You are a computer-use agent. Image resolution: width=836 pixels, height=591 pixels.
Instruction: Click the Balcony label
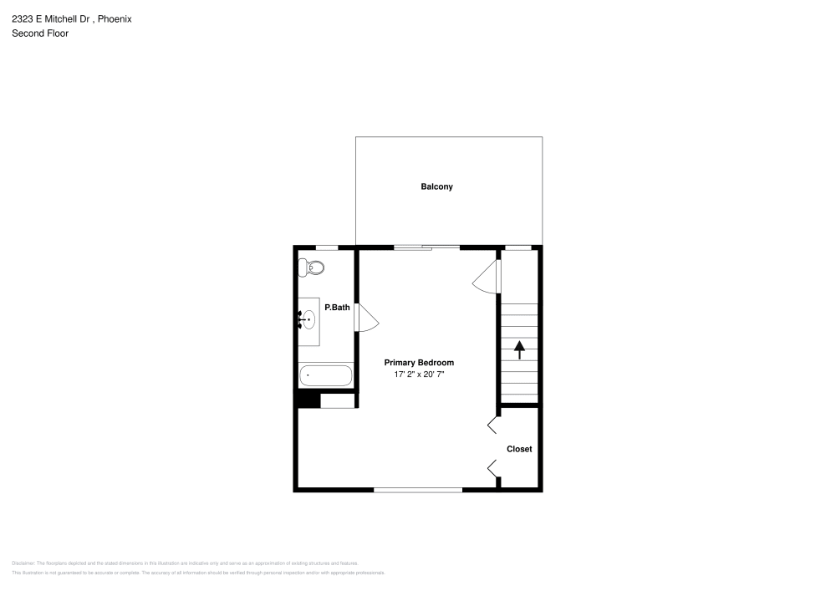[436, 186]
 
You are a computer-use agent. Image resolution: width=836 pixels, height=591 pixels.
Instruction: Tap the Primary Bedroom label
[419, 363]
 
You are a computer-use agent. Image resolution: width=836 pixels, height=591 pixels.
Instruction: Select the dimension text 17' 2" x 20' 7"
[419, 375]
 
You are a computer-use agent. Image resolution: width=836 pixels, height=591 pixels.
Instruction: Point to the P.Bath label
[337, 308]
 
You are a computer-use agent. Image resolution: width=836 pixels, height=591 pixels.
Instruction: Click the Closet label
[519, 449]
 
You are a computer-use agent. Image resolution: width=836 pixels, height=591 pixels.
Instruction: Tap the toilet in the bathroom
[312, 268]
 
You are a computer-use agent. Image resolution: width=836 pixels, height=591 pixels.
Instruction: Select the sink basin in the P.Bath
[308, 319]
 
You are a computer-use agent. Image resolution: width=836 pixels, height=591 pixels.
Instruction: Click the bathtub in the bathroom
[326, 376]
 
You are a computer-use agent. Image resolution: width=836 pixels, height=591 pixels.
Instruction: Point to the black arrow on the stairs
[519, 349]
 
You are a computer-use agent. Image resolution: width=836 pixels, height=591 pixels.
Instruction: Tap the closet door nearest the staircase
[492, 425]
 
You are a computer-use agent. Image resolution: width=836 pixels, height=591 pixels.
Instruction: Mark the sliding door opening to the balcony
[426, 247]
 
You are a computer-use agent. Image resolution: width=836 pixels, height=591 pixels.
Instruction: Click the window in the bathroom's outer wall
[327, 247]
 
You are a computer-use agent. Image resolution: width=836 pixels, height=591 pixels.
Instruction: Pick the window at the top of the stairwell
[519, 247]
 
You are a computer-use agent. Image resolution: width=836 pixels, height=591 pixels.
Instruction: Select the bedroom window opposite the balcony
[418, 490]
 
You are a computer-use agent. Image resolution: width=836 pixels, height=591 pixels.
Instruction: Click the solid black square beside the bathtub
[309, 400]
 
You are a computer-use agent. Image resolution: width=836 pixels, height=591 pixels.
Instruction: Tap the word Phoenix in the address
[115, 18]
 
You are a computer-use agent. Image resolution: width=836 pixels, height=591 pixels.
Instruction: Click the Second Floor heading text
[40, 33]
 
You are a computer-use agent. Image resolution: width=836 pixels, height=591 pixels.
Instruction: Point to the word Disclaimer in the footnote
[23, 563]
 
